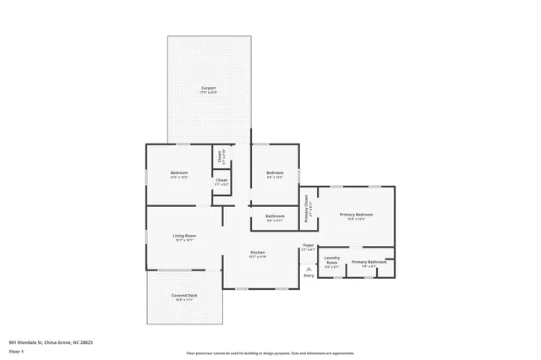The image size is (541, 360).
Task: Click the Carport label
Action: [208, 88]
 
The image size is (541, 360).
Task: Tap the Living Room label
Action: [184, 235]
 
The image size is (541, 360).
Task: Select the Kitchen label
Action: [258, 253]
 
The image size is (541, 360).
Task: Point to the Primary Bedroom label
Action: [356, 215]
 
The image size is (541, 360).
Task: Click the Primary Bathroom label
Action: [369, 262]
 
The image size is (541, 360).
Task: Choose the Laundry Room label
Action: [332, 260]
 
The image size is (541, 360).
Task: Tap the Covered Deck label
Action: [184, 295]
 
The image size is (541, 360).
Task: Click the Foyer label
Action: [308, 246]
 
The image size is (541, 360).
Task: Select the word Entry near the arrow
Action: [309, 275]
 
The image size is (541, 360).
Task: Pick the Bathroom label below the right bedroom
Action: [274, 216]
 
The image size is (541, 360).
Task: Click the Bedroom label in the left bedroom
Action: [179, 173]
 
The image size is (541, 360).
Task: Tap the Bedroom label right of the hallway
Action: [274, 173]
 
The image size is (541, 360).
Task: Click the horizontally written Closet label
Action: [221, 180]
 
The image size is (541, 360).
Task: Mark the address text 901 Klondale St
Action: [50, 342]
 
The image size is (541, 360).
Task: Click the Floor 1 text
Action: [16, 350]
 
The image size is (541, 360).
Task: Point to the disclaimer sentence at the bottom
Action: [270, 353]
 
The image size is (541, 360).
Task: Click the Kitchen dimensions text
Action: [258, 257]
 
